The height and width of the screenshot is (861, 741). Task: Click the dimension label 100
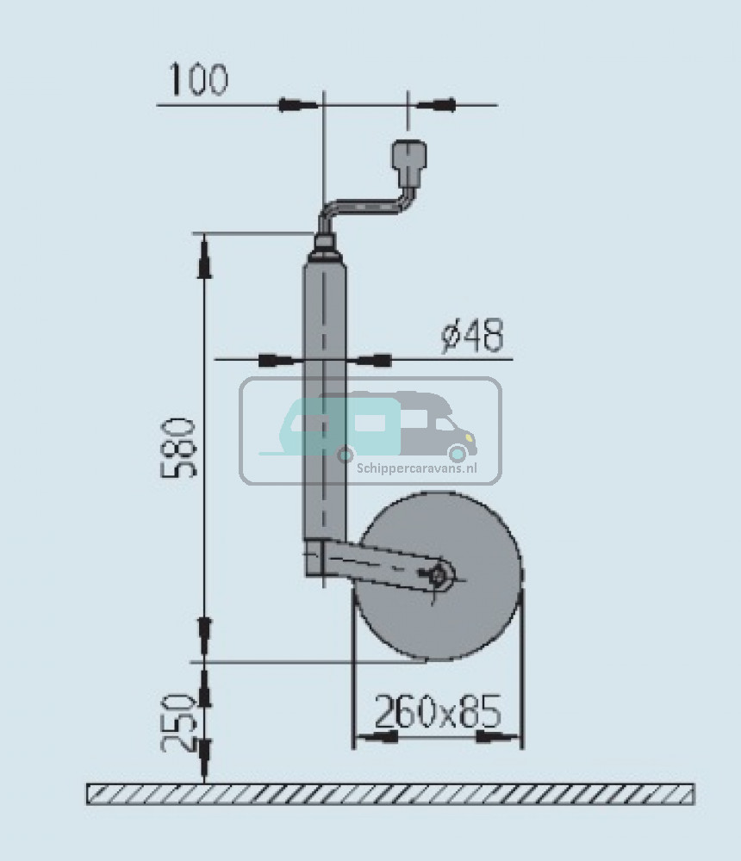point(199,79)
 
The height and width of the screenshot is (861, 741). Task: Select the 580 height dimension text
point(178,448)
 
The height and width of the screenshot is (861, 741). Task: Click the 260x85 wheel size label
point(438,711)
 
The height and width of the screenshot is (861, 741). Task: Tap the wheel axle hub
point(439,575)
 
